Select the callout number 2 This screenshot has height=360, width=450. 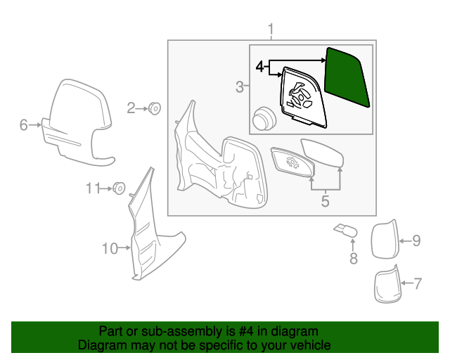tap(131, 108)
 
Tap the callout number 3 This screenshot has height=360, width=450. tap(240, 87)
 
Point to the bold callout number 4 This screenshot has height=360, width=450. tap(260, 67)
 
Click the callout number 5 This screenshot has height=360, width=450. tap(325, 202)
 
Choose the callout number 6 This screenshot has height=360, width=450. tap(23, 125)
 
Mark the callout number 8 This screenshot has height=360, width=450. tap(353, 259)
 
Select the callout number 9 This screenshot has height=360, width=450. tap(416, 241)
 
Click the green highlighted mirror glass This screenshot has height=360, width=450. tap(346, 77)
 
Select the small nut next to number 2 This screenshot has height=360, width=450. tap(154, 108)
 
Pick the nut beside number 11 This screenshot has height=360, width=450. tap(120, 188)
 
